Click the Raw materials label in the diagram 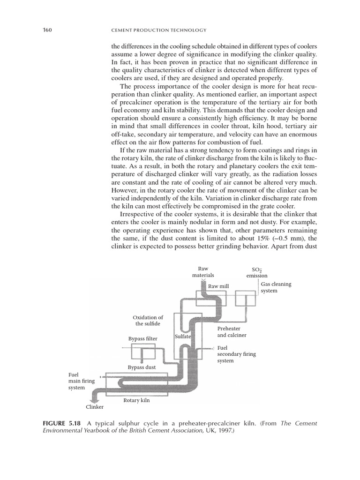pyautogui.click(x=203, y=272)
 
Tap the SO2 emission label pyautogui.click(x=257, y=273)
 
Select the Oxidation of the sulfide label pyautogui.click(x=148, y=320)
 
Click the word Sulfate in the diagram pyautogui.click(x=182, y=337)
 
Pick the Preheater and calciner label pyautogui.click(x=232, y=332)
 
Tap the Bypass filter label pyautogui.click(x=143, y=338)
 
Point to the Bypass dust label pyautogui.click(x=142, y=367)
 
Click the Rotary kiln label pyautogui.click(x=136, y=400)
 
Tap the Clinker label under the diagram pyautogui.click(x=94, y=407)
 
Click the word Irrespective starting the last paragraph pyautogui.click(x=137, y=212)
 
